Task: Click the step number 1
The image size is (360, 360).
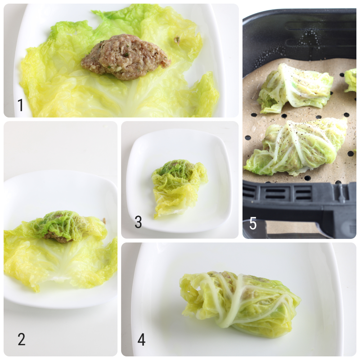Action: pos(20,105)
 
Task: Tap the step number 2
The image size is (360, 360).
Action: pos(21,339)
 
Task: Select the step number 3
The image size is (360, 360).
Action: pos(138,222)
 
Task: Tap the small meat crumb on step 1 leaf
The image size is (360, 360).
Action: pos(177,40)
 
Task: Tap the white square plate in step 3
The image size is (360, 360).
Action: pos(211,211)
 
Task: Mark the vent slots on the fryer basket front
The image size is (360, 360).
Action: pos(279,193)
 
